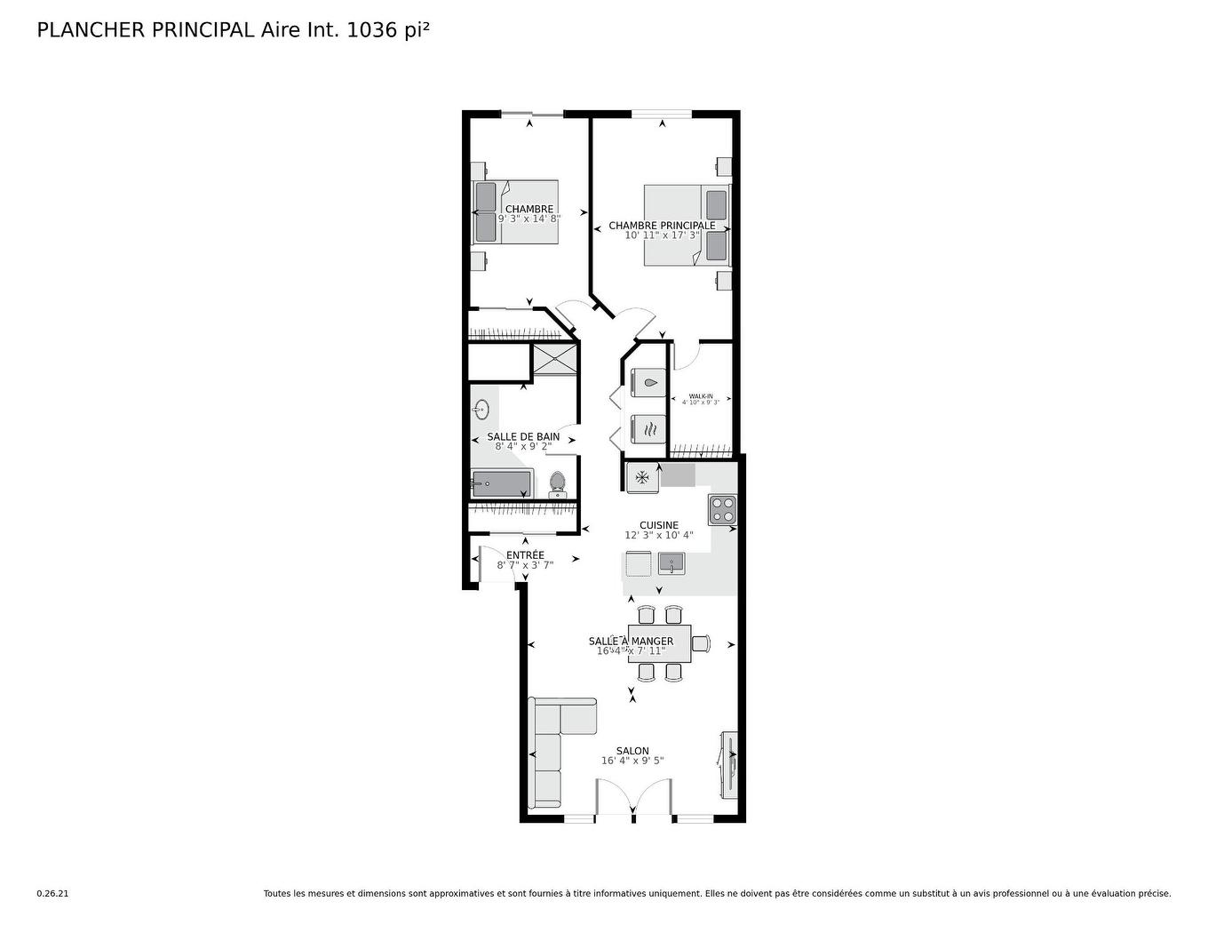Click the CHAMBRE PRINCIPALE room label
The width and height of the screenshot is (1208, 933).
click(x=662, y=226)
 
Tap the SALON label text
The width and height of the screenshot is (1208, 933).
click(x=632, y=751)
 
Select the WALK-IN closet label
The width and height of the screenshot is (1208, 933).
click(x=701, y=396)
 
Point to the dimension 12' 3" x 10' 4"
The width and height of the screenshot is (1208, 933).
click(x=658, y=536)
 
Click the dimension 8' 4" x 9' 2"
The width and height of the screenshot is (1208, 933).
click(x=523, y=447)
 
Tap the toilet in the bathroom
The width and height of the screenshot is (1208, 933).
click(x=557, y=483)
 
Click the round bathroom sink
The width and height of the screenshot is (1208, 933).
click(x=481, y=410)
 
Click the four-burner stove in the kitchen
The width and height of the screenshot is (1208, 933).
click(x=722, y=509)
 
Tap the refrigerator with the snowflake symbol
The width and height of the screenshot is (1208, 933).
click(x=642, y=477)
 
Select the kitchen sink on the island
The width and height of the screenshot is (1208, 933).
click(x=671, y=562)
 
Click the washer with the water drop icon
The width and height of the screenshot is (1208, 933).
click(x=648, y=383)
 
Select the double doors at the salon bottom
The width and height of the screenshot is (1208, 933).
click(x=632, y=797)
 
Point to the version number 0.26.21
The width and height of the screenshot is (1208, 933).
click(x=52, y=894)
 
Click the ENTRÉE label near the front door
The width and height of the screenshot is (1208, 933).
click(x=525, y=555)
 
